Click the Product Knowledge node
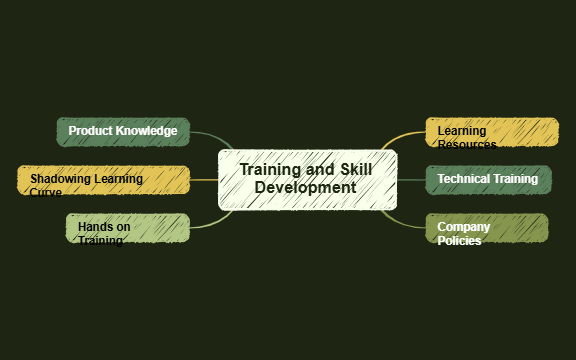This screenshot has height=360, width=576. point(123,131)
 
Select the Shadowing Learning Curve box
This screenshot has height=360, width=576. point(103,180)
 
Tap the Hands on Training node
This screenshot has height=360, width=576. point(127,228)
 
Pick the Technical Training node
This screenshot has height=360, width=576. point(487,180)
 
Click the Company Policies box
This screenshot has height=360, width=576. point(486,228)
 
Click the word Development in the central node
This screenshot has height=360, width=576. point(305,188)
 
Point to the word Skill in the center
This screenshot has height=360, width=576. point(356,170)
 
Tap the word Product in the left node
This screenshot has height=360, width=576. point(91,131)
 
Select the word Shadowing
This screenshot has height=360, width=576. point(59,179)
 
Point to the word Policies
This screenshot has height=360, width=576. point(459,241)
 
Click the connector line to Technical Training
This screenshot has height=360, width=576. point(411,180)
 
